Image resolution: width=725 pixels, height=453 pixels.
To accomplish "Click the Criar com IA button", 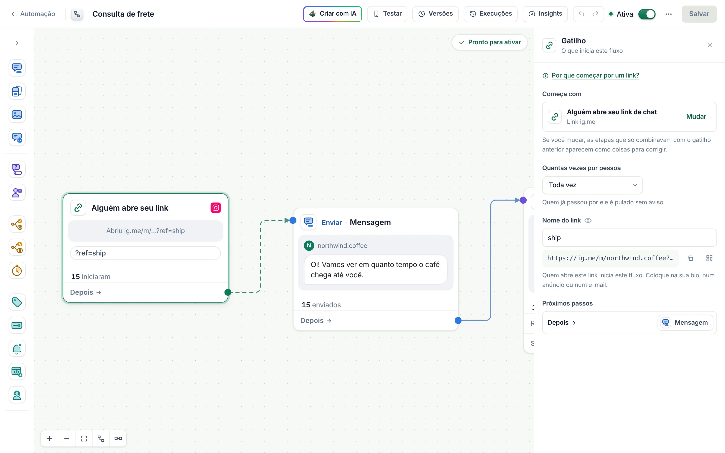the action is coord(332,14).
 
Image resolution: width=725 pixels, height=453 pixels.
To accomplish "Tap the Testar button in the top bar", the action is coord(387,14).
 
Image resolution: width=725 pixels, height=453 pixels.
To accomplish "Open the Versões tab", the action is coord(435,14).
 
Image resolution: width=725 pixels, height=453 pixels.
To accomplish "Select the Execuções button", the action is coord(490,14).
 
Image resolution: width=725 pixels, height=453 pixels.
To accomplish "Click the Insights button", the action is coord(545,14).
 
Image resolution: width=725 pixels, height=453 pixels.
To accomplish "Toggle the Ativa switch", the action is coord(647,14).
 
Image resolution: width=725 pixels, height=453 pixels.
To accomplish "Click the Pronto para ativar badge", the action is coord(490,42).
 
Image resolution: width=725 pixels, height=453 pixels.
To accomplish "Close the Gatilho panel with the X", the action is coord(709,45).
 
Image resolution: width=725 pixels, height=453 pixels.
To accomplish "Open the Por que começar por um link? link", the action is coord(595,75).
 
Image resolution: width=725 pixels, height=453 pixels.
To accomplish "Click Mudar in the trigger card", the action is coord(696,117).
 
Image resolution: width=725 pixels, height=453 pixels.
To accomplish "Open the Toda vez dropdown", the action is coord(592,185).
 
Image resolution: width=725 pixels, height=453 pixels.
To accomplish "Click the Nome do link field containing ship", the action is coord(629,238).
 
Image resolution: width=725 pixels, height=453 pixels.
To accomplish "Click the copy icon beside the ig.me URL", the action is coord(690,258).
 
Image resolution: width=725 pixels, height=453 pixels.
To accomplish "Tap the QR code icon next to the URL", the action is coord(709,258).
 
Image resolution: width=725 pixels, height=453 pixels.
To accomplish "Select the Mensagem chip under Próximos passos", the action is coord(685,322).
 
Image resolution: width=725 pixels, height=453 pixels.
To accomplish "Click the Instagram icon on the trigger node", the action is coord(216,208).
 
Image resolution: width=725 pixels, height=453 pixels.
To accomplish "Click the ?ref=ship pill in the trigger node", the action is coord(146,253).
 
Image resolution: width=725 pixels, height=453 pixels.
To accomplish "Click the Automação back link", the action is coord(33,14).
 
